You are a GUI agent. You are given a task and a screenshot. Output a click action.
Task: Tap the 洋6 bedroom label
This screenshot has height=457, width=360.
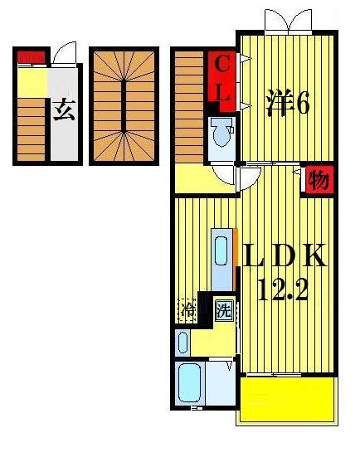[x=287, y=104]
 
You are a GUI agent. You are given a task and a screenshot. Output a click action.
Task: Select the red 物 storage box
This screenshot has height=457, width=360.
[x=317, y=179]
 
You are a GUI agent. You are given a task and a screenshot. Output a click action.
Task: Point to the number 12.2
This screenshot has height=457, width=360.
[x=281, y=290]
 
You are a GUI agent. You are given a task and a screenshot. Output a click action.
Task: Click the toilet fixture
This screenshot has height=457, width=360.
[x=221, y=134]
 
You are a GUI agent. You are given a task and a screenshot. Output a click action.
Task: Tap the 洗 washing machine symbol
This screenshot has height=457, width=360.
[x=222, y=312]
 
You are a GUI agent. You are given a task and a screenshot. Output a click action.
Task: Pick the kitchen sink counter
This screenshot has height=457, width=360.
[x=222, y=258]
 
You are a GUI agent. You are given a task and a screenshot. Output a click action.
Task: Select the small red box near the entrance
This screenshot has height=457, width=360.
[x=31, y=57]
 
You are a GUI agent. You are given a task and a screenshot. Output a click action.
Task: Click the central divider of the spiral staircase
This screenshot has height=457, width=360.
[x=124, y=106]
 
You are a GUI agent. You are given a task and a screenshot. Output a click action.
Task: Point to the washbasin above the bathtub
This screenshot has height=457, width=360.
[x=183, y=341]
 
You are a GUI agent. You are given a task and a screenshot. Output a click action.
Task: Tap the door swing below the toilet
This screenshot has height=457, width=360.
[x=224, y=174]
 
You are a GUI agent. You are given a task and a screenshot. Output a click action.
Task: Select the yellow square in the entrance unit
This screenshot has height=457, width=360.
[x=32, y=82]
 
